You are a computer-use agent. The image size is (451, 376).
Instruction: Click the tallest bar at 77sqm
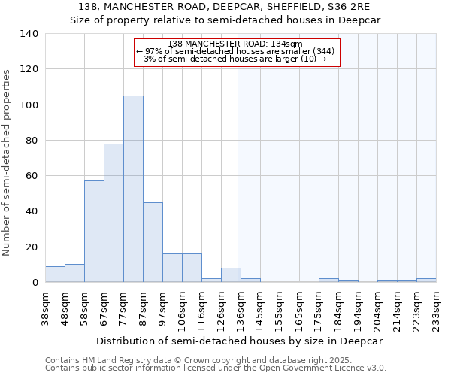133,189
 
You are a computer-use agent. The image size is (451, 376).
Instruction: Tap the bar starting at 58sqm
94,232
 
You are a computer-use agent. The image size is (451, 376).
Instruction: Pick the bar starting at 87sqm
153,242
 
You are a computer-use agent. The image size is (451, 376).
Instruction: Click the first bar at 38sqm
55,274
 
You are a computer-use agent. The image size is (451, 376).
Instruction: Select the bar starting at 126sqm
231,275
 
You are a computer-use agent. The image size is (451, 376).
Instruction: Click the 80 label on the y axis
31,141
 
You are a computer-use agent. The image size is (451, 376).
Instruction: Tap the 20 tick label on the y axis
31,247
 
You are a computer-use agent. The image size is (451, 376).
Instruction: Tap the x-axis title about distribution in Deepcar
240,341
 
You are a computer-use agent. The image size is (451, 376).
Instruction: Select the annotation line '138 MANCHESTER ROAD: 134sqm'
235,44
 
